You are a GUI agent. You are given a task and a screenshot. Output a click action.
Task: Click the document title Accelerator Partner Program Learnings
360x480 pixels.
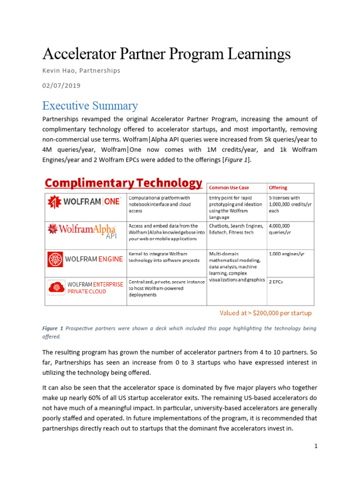tap(166, 54)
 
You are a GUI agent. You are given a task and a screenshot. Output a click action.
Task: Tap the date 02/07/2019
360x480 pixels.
tap(61, 85)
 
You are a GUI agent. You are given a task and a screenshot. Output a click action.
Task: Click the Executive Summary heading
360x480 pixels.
tap(90, 105)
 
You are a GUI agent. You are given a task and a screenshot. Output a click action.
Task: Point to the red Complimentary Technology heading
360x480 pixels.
tap(123, 183)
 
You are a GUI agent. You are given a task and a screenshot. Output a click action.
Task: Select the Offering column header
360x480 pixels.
tap(278, 187)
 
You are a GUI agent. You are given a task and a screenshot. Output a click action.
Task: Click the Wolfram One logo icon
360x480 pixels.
tap(55, 202)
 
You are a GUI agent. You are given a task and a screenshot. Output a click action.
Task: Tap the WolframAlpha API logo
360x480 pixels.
tap(83, 231)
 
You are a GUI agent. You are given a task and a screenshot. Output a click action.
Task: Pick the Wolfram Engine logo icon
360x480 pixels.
tap(56, 259)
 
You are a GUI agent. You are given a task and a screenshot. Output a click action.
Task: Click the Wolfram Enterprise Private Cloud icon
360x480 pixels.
tap(56, 287)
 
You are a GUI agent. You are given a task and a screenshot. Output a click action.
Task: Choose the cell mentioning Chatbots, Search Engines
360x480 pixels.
tap(236, 229)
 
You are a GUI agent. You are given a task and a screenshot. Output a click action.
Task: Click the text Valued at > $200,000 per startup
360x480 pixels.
tap(266, 313)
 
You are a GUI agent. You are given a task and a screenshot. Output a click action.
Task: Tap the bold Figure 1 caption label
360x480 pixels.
tap(53, 329)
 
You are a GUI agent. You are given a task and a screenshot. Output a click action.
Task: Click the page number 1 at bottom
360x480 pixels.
tap(316, 446)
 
